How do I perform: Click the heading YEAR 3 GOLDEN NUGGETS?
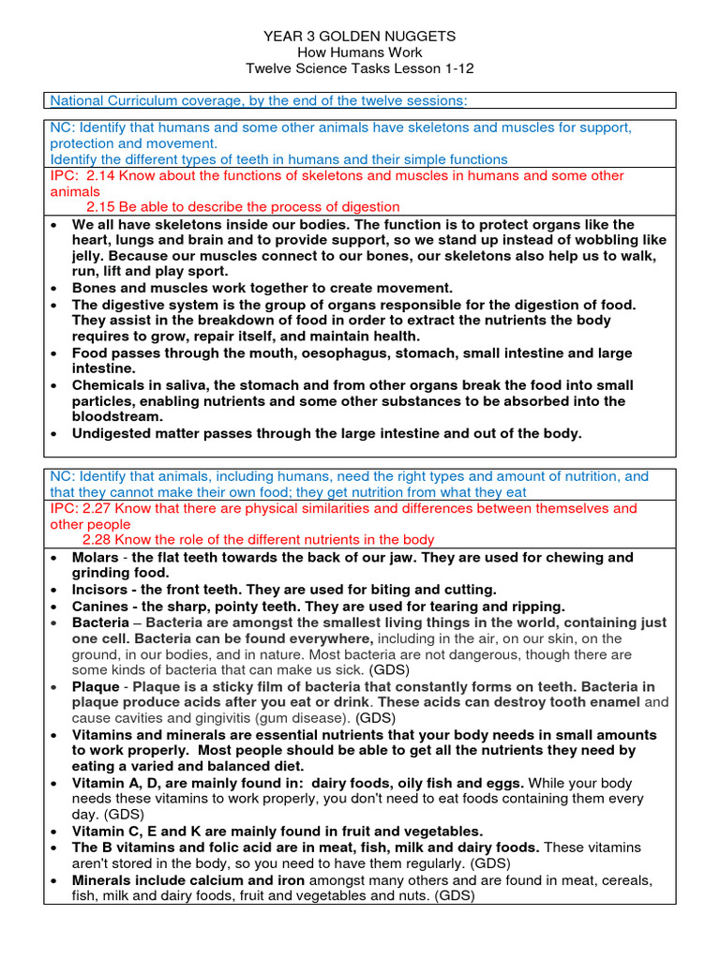click(x=360, y=36)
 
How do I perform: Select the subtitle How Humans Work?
click(x=360, y=52)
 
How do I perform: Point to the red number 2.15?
click(x=100, y=207)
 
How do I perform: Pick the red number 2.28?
click(x=100, y=540)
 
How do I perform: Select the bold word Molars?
click(x=95, y=558)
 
